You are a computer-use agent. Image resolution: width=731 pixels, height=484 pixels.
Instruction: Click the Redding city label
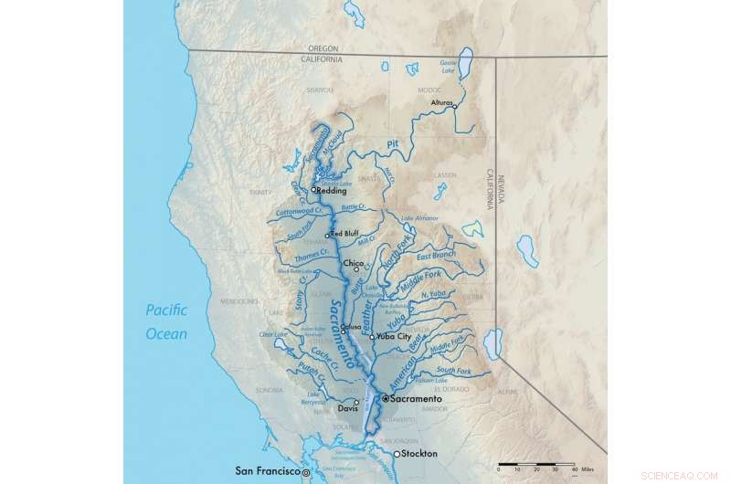click(333, 190)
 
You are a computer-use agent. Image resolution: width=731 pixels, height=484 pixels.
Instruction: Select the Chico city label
click(354, 263)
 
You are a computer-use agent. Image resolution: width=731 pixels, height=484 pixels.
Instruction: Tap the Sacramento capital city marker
click(385, 400)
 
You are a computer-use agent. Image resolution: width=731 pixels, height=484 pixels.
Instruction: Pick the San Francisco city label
click(268, 472)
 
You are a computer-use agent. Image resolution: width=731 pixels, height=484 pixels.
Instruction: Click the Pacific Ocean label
click(166, 322)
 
